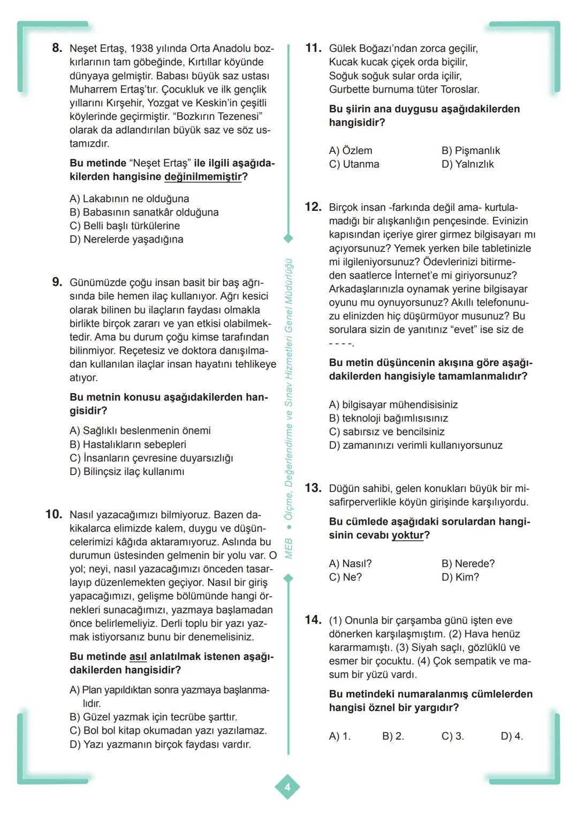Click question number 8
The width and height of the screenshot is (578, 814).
57,48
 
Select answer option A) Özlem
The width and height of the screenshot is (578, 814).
351,151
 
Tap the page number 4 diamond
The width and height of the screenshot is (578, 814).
287,787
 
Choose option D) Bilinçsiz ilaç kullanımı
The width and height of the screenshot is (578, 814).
127,472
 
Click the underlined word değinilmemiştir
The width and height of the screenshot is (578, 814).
203,177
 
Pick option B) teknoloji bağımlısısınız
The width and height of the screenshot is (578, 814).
389,418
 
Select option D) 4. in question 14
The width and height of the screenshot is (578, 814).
512,736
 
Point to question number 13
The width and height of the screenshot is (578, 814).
313,488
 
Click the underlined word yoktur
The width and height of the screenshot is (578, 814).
407,535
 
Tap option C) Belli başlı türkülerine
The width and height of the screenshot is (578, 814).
125,226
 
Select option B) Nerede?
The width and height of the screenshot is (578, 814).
468,564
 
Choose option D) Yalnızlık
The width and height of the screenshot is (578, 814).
468,164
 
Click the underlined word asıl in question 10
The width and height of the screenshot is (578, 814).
138,657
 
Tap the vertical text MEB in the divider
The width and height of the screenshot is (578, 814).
288,549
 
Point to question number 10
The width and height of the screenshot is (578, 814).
54,514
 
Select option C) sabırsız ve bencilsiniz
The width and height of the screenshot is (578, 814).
386,432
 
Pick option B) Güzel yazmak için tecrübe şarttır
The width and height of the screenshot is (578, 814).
153,717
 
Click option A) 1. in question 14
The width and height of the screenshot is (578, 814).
340,736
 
